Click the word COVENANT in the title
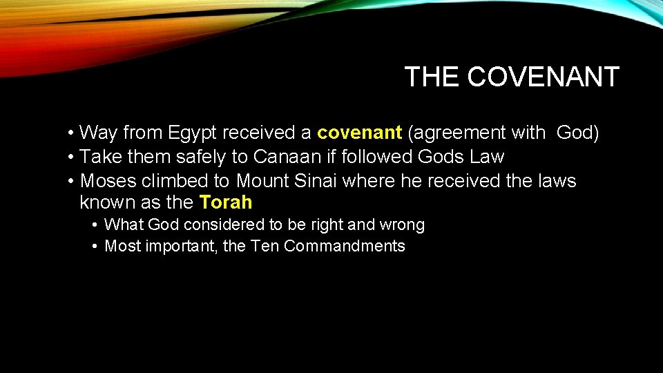point(544,77)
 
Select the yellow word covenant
point(359,133)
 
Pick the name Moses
point(108,181)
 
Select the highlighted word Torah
point(226,203)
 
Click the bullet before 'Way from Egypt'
point(72,133)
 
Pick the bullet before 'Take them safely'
point(72,157)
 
